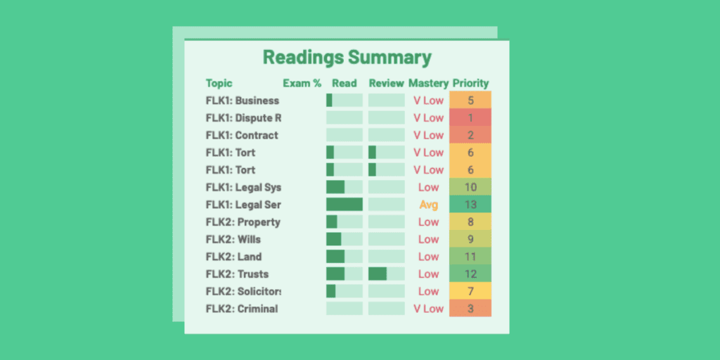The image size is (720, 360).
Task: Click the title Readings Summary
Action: [x=347, y=58]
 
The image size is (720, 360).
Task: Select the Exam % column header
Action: [x=302, y=83]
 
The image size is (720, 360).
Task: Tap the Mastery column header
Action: [x=427, y=83]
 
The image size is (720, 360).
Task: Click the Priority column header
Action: [x=470, y=83]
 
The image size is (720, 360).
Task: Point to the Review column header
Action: [x=386, y=83]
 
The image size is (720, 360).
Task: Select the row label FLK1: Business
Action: [x=243, y=101]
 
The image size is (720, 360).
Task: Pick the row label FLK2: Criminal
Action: [x=242, y=309]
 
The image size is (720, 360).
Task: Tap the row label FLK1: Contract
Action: [x=242, y=135]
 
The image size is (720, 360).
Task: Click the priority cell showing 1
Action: [x=470, y=117]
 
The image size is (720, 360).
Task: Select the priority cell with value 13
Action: [x=470, y=205]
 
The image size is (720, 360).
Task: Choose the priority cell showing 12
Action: [x=470, y=274]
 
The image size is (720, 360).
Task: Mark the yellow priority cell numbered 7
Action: [x=470, y=291]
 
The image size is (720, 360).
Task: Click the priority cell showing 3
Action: [x=470, y=309]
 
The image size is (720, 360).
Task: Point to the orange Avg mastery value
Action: [x=428, y=205]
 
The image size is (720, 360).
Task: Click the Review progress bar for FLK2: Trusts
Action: [x=386, y=274]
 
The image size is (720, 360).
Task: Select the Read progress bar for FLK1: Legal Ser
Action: [x=345, y=205]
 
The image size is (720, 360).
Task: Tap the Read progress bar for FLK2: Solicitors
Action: [x=345, y=291]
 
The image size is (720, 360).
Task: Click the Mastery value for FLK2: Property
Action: [x=428, y=222]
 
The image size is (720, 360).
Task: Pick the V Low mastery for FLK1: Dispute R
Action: [x=428, y=117]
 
